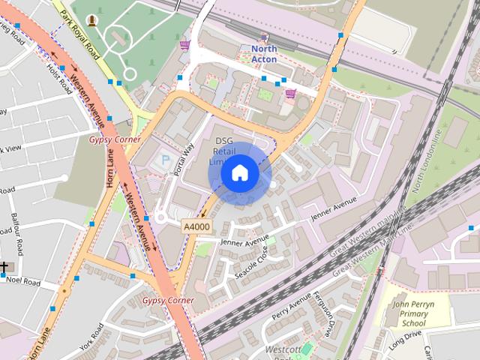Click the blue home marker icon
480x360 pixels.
pos(239,173)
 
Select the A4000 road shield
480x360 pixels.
pos(196,225)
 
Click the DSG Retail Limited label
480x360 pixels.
pos(225,151)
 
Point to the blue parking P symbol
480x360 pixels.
pos(166,160)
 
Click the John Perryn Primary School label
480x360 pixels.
pos(409,313)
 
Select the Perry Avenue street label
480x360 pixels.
pos(291,307)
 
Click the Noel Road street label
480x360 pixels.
pos(23,281)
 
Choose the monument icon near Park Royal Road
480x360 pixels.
pos(91,19)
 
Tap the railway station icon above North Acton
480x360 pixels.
pos(263,37)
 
